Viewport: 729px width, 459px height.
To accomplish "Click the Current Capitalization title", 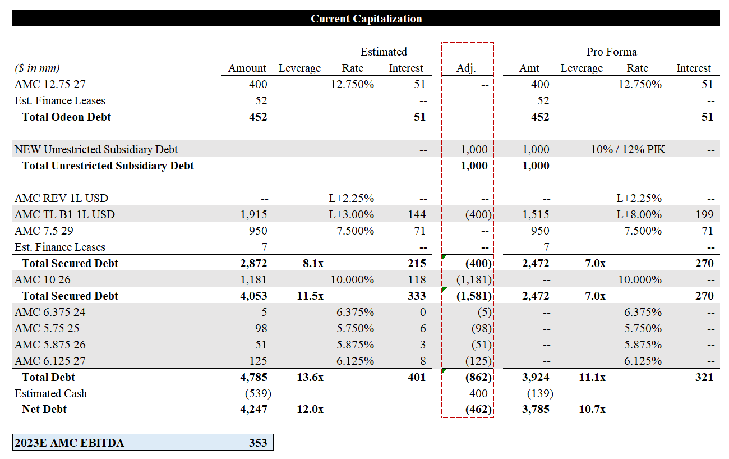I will point(366,19).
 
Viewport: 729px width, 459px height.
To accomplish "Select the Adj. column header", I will point(466,68).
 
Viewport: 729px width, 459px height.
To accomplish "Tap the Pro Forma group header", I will point(611,52).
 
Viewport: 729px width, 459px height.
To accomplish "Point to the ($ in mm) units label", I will point(37,68).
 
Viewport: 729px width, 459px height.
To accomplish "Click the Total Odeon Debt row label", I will point(66,117).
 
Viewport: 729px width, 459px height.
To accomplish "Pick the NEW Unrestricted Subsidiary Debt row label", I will point(96,150).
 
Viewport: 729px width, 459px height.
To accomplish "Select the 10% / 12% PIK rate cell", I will point(628,150).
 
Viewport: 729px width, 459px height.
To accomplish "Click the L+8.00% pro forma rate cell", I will point(639,214).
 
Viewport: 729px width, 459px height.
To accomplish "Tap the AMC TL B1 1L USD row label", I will point(64,214).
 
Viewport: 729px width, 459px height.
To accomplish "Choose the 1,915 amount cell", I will point(254,214).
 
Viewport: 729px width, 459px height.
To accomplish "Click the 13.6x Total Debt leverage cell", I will point(310,377).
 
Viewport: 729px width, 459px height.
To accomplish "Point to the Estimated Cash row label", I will point(50,393).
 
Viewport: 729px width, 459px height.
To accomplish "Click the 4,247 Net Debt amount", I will point(254,410).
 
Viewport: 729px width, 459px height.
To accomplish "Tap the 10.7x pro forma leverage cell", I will point(592,410).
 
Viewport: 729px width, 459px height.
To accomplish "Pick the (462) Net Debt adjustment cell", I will point(478,410).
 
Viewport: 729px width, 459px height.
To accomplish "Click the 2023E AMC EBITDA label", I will point(70,443).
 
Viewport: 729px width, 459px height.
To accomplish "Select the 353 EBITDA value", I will point(258,443).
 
